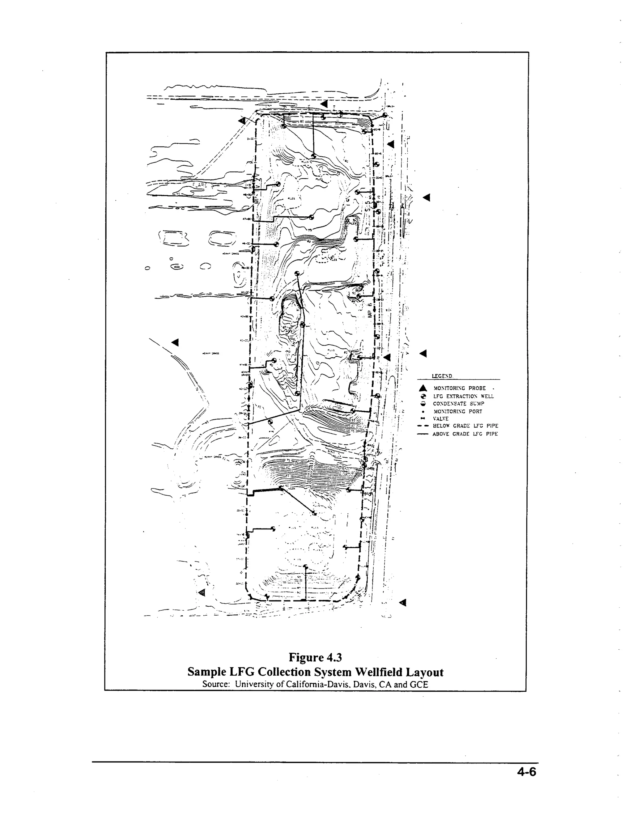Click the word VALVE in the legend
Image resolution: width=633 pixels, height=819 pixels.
441,418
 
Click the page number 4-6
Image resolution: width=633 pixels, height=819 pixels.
526,772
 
